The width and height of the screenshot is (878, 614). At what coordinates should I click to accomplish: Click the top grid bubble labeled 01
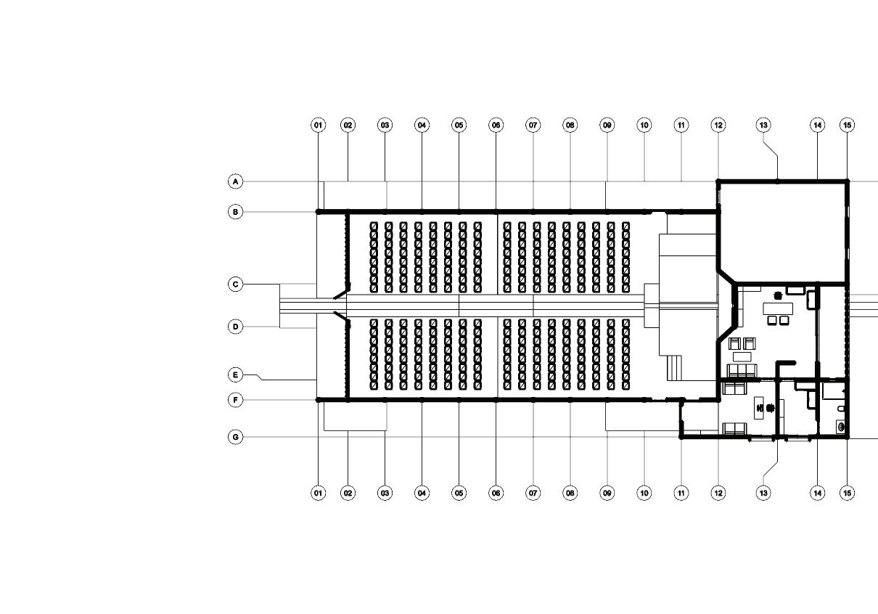coord(318,126)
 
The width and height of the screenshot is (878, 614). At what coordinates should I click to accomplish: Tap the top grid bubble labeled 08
coord(570,126)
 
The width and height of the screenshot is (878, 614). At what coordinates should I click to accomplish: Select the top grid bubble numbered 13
coord(763,126)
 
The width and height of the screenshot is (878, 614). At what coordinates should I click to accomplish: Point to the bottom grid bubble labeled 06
coord(496,494)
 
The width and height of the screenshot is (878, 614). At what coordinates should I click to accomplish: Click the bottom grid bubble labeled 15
coord(848,494)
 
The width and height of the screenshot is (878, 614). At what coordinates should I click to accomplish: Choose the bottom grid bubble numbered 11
coord(681,494)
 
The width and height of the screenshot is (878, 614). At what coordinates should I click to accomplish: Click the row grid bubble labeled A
coord(235,181)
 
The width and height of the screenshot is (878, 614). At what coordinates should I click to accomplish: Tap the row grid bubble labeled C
coord(235,285)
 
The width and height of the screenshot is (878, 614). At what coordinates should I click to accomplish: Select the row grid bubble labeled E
coord(235,375)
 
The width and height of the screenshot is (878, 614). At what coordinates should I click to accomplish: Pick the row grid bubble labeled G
coord(235,438)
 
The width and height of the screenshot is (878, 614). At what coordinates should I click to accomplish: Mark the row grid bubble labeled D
coord(235,327)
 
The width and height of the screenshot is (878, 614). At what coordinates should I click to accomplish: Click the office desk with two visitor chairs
coord(778,308)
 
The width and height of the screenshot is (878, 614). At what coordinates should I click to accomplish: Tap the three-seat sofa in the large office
coord(742,371)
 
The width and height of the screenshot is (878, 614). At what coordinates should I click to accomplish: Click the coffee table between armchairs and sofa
coord(742,356)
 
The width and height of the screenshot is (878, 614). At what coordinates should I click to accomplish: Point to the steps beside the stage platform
coord(675,367)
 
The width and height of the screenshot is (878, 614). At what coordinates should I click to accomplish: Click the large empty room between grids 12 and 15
coord(782,229)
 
